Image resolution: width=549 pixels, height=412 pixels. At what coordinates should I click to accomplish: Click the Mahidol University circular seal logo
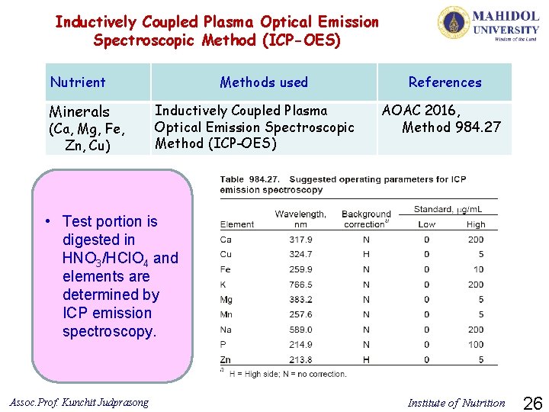point(453,23)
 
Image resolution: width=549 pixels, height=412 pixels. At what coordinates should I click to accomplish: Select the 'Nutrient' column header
point(78,82)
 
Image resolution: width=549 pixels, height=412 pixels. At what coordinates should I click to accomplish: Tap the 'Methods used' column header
point(264,82)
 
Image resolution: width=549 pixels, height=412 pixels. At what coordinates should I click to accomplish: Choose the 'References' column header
point(445,82)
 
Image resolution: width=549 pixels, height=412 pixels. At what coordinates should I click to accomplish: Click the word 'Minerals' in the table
point(79,112)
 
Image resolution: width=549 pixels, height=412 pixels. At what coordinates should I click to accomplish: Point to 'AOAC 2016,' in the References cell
point(416,111)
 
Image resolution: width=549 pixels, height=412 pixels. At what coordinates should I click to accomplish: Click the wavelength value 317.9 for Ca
point(300,240)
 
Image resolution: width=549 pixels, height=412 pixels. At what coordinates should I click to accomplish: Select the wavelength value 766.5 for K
point(300,285)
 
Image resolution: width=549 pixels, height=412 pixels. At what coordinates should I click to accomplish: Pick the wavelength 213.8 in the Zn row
point(300,359)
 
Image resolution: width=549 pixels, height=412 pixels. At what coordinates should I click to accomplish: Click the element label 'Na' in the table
point(226,330)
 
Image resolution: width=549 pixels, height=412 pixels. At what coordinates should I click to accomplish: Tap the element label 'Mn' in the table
point(226,314)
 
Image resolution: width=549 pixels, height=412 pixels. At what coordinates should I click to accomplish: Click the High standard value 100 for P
point(475,345)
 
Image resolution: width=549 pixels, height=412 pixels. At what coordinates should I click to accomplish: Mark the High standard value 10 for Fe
point(478,269)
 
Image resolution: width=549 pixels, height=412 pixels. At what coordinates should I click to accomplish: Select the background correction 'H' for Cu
point(366,255)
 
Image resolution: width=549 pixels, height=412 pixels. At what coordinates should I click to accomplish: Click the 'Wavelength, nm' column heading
point(300,219)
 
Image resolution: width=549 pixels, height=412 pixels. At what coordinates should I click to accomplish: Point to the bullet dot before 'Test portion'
point(47,222)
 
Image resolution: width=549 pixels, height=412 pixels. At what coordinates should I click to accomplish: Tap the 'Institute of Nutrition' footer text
point(456,403)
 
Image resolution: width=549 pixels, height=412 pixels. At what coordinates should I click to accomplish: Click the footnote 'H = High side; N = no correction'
point(287,374)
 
